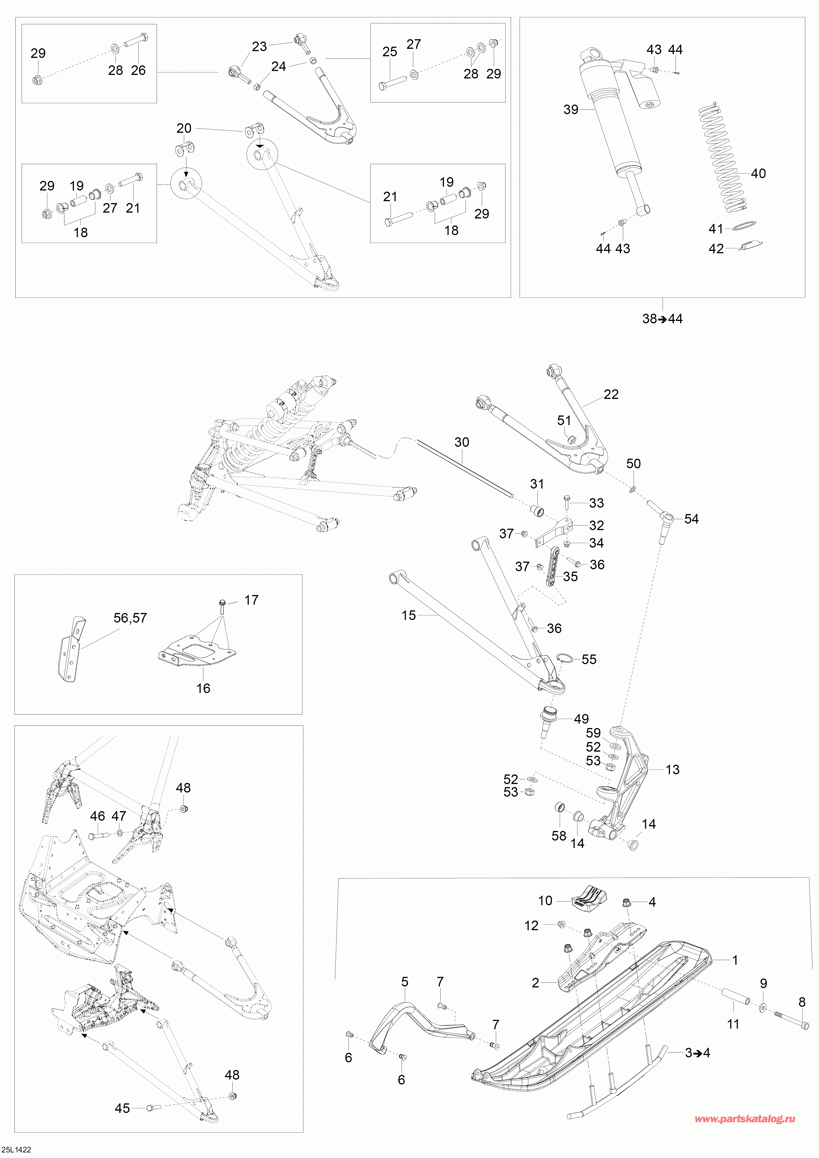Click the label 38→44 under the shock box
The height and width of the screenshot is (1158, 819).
pos(662,319)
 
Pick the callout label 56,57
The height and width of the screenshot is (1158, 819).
pos(130,618)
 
